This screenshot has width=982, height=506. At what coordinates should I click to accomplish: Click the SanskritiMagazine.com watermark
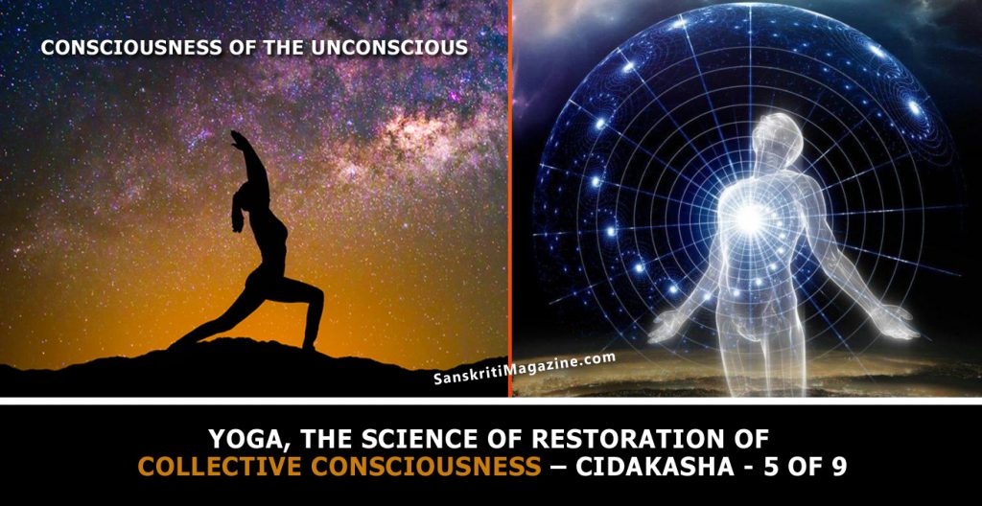pos(525,369)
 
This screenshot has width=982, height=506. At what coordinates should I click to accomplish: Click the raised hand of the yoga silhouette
pos(238,138)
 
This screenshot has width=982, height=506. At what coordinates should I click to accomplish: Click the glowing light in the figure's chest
pos(747,218)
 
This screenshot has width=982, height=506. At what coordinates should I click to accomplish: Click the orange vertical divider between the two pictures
pos(510,198)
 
